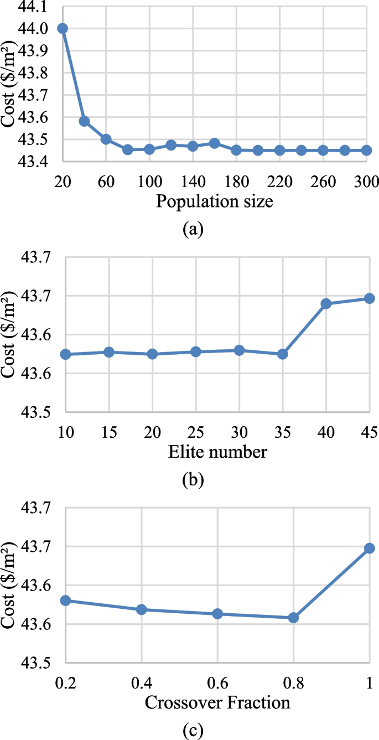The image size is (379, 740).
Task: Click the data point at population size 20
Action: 63,28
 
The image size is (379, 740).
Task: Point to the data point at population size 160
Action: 215,143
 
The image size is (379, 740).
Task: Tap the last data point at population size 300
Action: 366,150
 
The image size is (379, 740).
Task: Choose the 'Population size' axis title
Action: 215,201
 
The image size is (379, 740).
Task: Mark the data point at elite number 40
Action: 326,303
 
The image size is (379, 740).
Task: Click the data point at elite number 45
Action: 369,298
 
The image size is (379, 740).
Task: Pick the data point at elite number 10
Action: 65,354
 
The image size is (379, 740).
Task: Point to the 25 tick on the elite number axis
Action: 195,432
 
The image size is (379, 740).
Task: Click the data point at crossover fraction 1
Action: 369,548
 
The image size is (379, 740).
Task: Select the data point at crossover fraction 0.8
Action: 293,618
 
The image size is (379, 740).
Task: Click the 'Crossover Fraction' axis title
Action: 217,703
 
